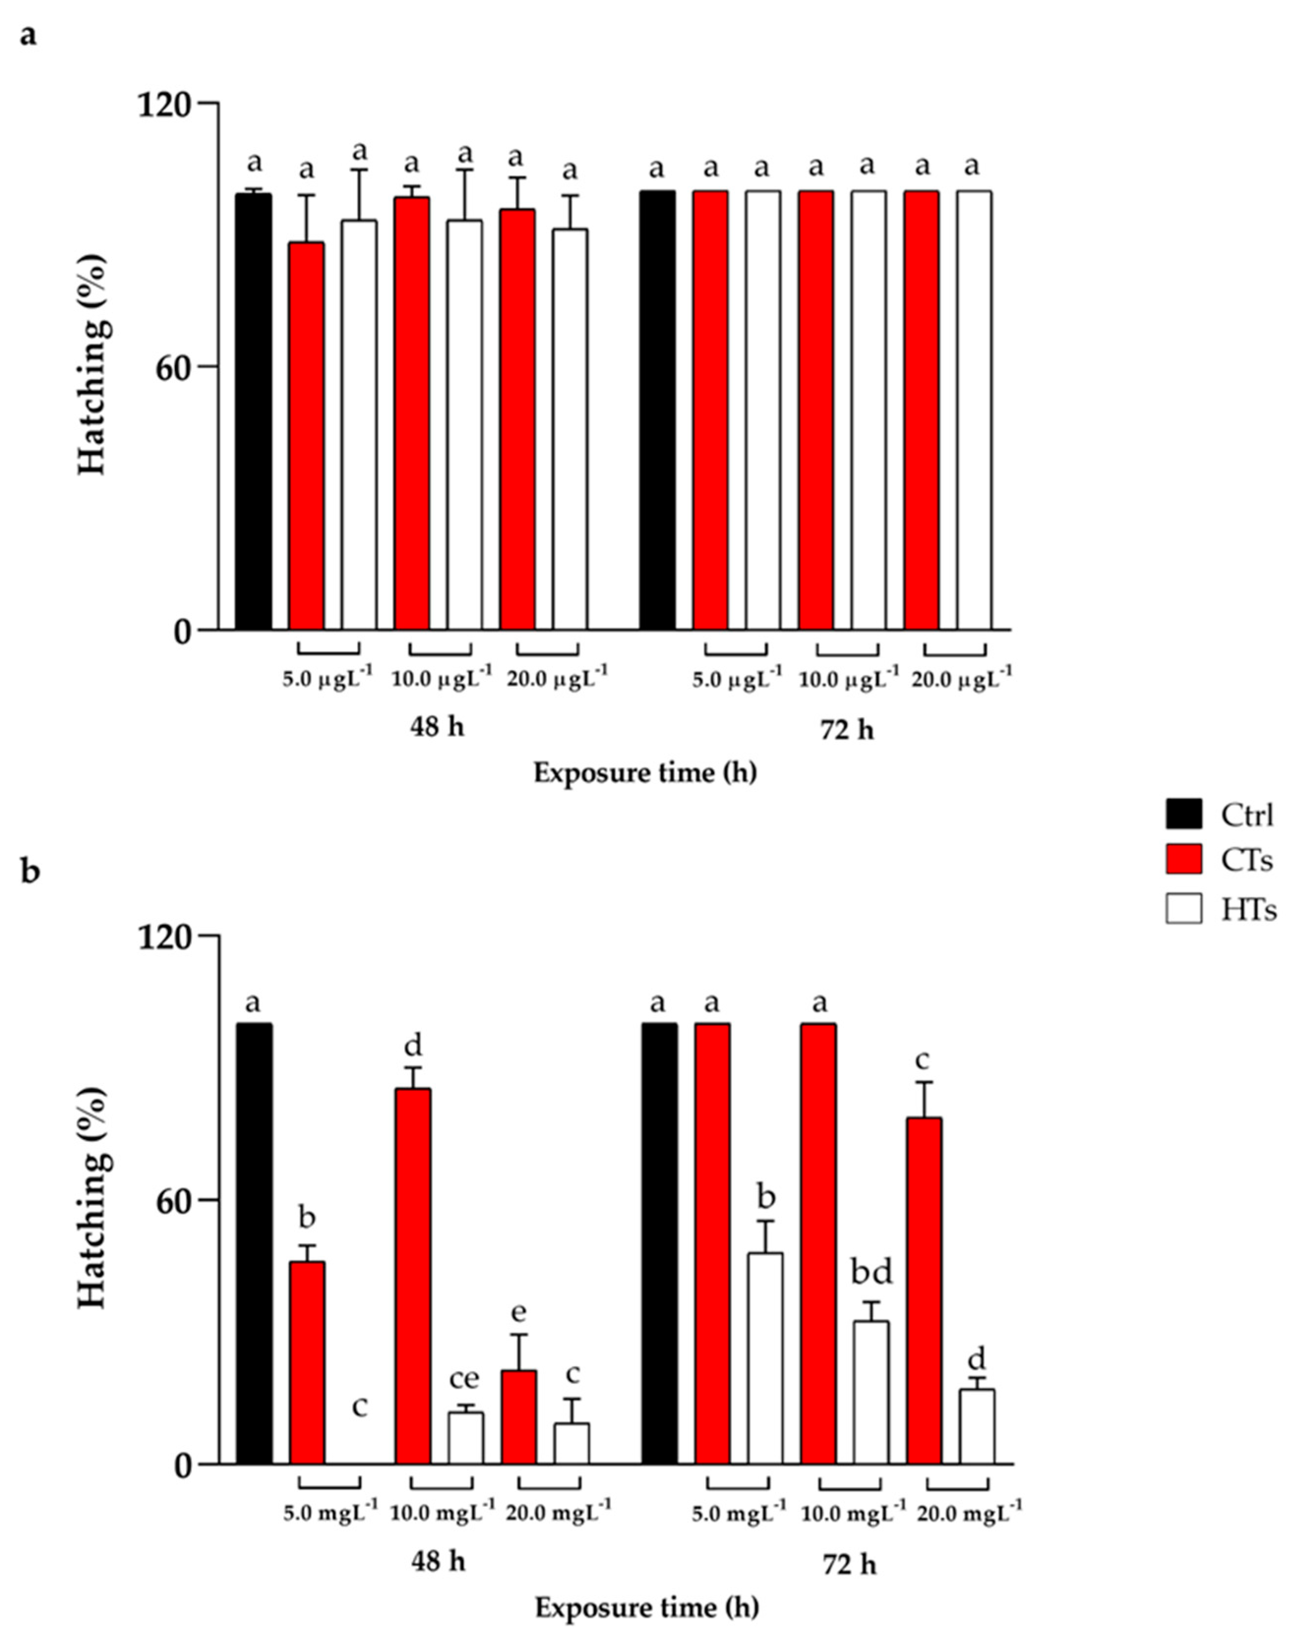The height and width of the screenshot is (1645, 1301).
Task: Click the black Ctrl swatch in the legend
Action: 1183,814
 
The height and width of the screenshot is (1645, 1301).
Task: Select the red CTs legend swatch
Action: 1183,860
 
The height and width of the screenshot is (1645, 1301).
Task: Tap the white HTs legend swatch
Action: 1183,908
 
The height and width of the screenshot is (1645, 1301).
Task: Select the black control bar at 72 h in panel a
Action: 656,411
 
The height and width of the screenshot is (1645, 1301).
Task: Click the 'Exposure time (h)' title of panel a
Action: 645,773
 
